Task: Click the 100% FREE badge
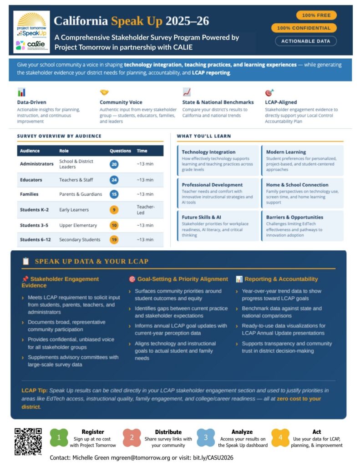coord(316,15)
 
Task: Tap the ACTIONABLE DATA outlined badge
coord(305,41)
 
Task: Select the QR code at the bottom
coord(28,441)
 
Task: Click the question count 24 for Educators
coord(114,180)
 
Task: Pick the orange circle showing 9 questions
coord(114,210)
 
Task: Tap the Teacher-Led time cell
coord(146,209)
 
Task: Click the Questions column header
coord(120,151)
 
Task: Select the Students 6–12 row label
coord(34,239)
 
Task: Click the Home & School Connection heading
coord(297,185)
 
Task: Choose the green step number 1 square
coord(59,438)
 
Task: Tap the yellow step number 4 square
coord(280,438)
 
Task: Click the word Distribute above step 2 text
coord(168,432)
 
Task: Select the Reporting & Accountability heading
coord(281,279)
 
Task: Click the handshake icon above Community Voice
coord(104,92)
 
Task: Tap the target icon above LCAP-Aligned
coord(269,92)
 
